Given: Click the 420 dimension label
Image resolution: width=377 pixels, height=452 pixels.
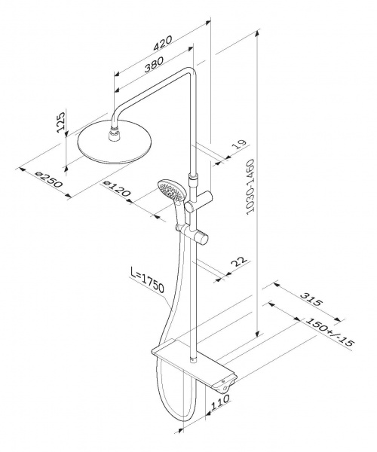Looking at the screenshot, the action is (x=163, y=43).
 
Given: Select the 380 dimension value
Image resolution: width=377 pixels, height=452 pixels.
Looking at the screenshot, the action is (x=154, y=64).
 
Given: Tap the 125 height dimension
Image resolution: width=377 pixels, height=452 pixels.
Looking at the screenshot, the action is (x=61, y=121).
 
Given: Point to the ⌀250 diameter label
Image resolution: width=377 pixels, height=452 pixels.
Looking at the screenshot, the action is (x=48, y=179).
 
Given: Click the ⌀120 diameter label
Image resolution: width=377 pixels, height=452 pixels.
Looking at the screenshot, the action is (x=117, y=188).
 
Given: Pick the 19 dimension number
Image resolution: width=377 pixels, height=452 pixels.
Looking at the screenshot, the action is (x=239, y=145).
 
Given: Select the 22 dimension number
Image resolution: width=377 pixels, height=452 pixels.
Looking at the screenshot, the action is (x=239, y=261).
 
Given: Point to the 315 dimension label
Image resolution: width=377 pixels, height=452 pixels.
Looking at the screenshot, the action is (x=311, y=299).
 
